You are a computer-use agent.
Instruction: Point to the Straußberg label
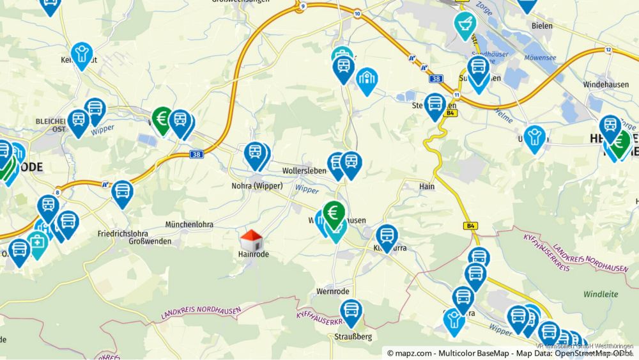coord(352,336)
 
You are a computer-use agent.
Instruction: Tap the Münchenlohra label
coord(189,224)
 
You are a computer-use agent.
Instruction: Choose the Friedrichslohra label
coord(123,233)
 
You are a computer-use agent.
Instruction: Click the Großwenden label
coord(150,241)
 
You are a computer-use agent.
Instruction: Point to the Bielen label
coord(542,26)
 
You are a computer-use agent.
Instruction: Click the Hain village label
coord(427,186)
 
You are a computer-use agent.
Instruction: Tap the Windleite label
coord(601,294)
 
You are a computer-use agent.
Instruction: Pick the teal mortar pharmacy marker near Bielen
coord(465,24)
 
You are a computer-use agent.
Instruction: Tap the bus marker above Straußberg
coord(351,313)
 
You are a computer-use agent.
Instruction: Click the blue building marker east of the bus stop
coord(367,79)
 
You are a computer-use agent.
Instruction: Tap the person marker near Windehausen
coord(534,137)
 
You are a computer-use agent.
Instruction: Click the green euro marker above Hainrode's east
coord(333,214)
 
